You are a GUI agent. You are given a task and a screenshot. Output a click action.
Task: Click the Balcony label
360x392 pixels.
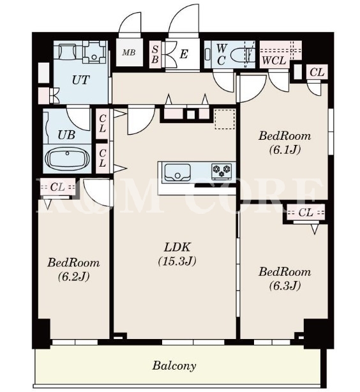[174, 366]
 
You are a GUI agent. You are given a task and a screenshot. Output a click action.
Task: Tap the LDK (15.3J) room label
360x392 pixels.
[177, 254]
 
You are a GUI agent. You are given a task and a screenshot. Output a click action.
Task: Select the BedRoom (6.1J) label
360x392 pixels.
[285, 143]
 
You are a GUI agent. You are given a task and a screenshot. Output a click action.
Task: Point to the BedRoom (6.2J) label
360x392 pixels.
[73, 269]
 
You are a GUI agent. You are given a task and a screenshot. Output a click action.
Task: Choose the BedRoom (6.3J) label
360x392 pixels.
[285, 278]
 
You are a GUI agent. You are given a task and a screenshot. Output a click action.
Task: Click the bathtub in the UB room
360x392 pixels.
[67, 159]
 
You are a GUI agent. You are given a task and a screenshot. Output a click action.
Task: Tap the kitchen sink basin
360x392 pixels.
[177, 172]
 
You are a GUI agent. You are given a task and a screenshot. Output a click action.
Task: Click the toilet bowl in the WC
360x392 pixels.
[243, 54]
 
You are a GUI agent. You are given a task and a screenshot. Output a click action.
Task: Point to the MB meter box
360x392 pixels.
[129, 52]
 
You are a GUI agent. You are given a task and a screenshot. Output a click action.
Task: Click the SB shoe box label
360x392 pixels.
[155, 54]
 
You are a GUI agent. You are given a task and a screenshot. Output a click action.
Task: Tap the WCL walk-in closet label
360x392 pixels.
[274, 61]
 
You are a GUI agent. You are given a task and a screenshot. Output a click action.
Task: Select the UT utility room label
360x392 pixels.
[80, 80]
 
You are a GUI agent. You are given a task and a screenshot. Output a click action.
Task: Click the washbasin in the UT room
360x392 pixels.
[94, 53]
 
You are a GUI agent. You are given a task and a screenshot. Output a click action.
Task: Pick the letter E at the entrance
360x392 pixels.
[184, 54]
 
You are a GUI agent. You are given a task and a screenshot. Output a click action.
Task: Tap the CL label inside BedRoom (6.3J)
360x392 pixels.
[306, 213]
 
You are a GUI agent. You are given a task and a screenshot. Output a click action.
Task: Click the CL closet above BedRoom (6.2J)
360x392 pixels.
[57, 187]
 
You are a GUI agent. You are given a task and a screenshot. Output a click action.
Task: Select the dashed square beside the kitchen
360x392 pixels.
[225, 119]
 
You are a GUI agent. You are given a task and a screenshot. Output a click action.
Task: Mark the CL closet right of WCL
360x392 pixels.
[317, 72]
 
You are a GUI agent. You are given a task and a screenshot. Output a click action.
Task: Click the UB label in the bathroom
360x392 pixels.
[66, 135]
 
